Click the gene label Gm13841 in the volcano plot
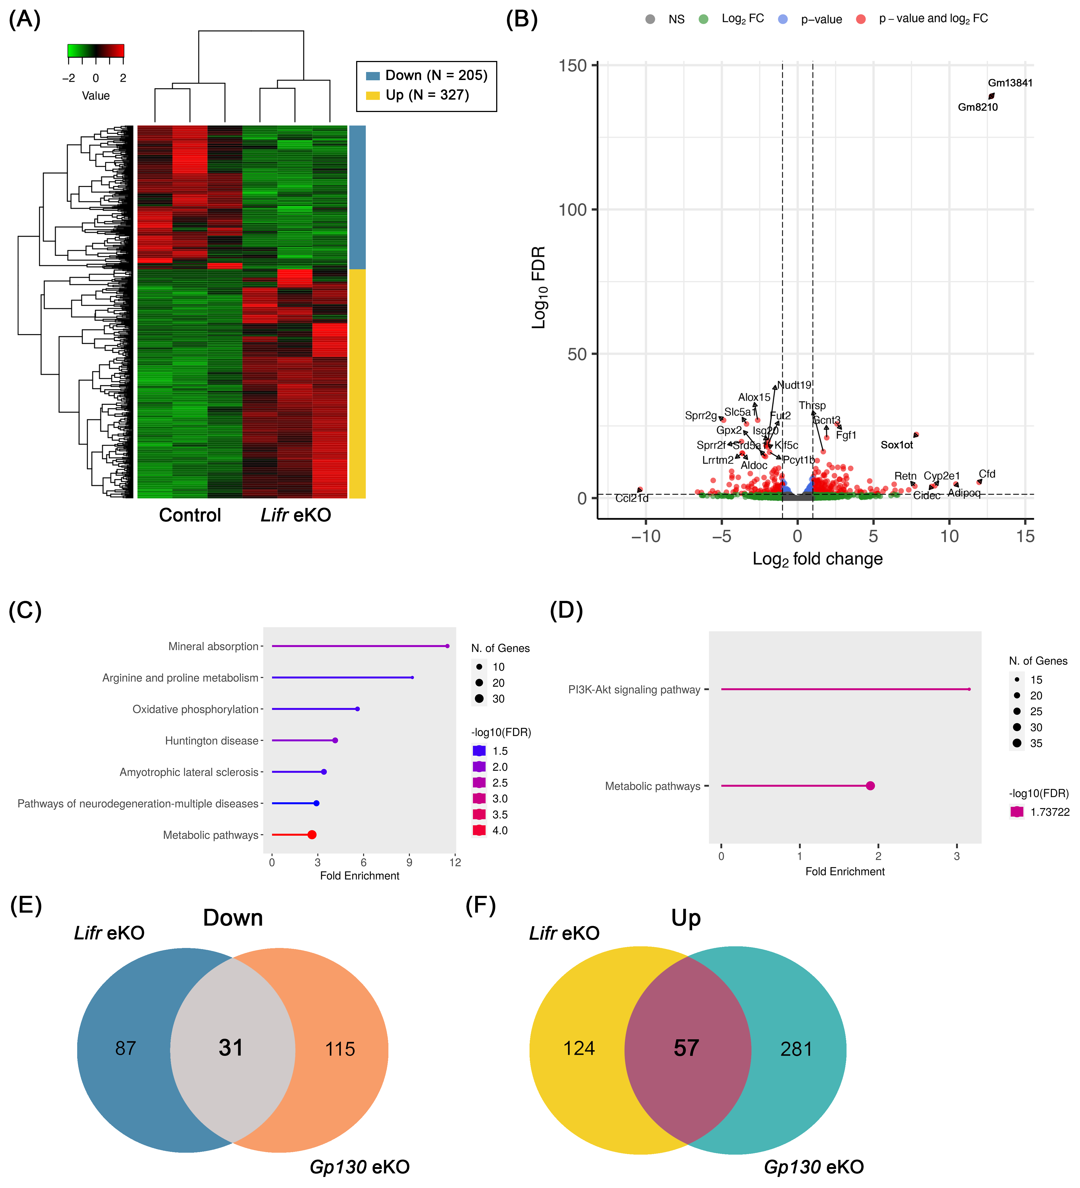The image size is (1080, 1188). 1010,83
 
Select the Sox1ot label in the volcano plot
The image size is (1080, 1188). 896,445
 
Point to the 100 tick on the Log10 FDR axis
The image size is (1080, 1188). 572,210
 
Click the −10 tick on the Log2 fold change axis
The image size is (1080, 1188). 645,536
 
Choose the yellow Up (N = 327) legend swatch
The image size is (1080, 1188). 373,95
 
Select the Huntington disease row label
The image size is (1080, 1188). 211,741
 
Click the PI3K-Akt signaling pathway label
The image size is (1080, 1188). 634,689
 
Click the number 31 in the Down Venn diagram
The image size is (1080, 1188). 231,1048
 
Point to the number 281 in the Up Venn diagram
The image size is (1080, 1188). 796,1049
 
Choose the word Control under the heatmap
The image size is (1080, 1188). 190,515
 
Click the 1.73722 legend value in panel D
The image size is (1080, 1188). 1049,812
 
